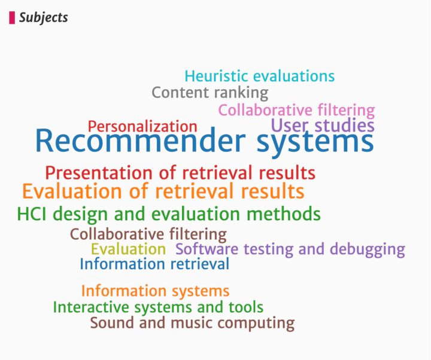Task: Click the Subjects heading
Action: pyautogui.click(x=44, y=18)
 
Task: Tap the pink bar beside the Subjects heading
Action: pyautogui.click(x=12, y=17)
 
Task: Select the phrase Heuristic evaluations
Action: pyautogui.click(x=260, y=76)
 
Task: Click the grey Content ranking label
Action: pyautogui.click(x=210, y=93)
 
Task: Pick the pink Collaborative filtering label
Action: pyautogui.click(x=296, y=111)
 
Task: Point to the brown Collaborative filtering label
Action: pyautogui.click(x=148, y=234)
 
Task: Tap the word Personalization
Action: pyautogui.click(x=142, y=127)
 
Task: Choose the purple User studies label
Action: pyautogui.click(x=323, y=126)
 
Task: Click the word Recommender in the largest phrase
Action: pyautogui.click(x=140, y=141)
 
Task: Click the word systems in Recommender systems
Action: pyautogui.click(x=315, y=143)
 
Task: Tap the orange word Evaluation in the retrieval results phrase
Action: pyautogui.click(x=72, y=191)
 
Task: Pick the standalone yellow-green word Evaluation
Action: pyautogui.click(x=128, y=249)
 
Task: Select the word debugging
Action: pyautogui.click(x=368, y=250)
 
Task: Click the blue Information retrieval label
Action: pyautogui.click(x=154, y=264)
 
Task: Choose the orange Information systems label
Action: pyautogui.click(x=155, y=291)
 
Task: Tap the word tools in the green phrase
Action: pyautogui.click(x=246, y=307)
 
